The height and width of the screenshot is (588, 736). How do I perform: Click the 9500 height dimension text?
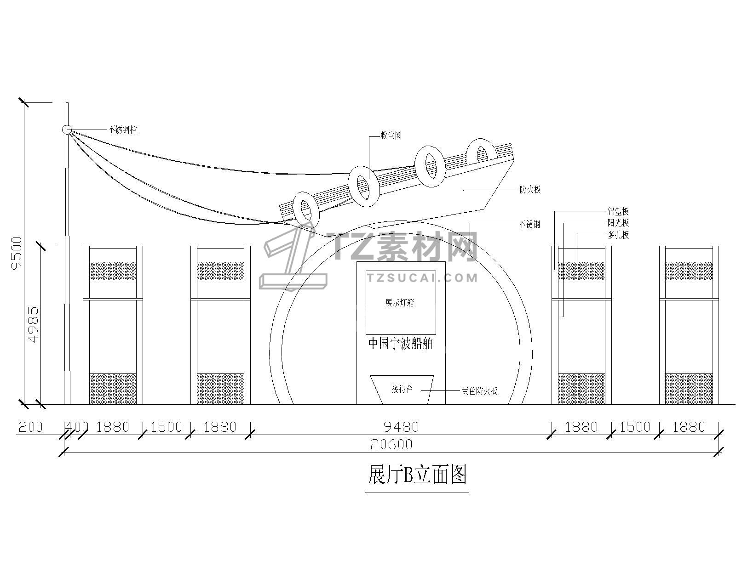pyautogui.click(x=17, y=253)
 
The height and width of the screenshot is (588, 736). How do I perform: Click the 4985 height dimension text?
pyautogui.click(x=33, y=325)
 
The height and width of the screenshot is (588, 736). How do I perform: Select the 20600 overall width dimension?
pyautogui.click(x=392, y=444)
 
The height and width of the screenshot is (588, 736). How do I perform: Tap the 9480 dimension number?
pyautogui.click(x=401, y=427)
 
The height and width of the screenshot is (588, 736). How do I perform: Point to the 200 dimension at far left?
pyautogui.click(x=30, y=427)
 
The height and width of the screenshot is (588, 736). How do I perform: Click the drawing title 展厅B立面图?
pyautogui.click(x=417, y=475)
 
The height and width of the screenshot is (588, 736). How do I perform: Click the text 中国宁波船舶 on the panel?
pyautogui.click(x=400, y=344)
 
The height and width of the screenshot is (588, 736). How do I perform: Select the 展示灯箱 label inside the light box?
pyautogui.click(x=400, y=303)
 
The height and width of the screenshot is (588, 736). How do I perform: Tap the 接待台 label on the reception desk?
pyautogui.click(x=402, y=389)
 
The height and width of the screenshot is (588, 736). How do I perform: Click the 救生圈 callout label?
pyautogui.click(x=391, y=136)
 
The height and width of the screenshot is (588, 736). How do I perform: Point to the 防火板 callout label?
pyautogui.click(x=530, y=190)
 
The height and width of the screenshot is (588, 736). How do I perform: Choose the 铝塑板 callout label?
pyautogui.click(x=618, y=212)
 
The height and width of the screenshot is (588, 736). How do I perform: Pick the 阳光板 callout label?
pyautogui.click(x=618, y=223)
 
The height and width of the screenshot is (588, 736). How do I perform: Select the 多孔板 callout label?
pyautogui.click(x=618, y=235)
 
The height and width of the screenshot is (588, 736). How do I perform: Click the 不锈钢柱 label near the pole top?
pyautogui.click(x=122, y=130)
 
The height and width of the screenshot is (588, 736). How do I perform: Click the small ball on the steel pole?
pyautogui.click(x=67, y=130)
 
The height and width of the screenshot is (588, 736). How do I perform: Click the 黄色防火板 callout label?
pyautogui.click(x=479, y=391)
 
